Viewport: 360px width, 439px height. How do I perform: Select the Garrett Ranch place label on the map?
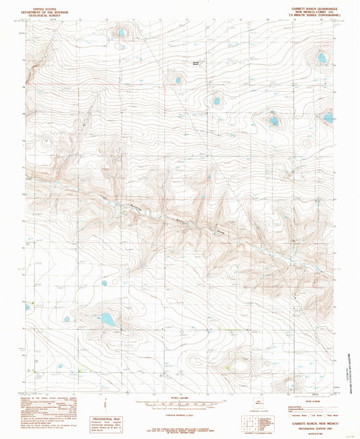196,63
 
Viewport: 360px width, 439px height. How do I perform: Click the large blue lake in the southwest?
108,319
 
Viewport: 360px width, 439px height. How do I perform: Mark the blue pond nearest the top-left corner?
122,32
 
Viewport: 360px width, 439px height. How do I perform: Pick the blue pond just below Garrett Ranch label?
178,80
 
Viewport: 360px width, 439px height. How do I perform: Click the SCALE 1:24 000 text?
179,396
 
